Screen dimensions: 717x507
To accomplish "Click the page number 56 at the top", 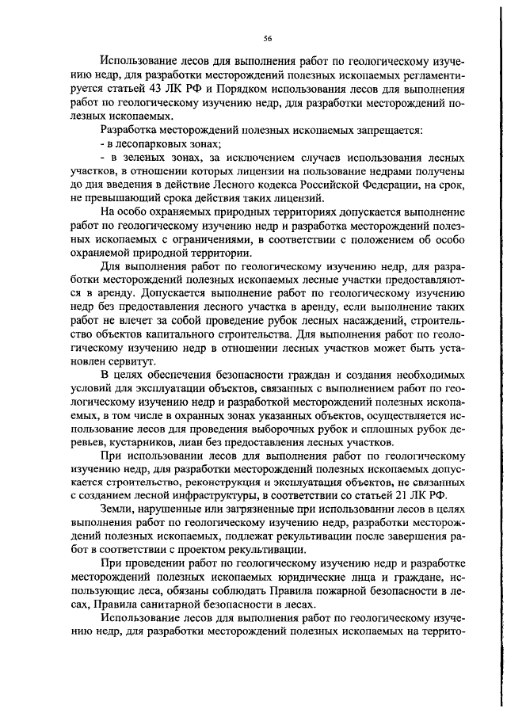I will pos(268,36).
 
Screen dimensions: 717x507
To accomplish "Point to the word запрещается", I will pos(379,128).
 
